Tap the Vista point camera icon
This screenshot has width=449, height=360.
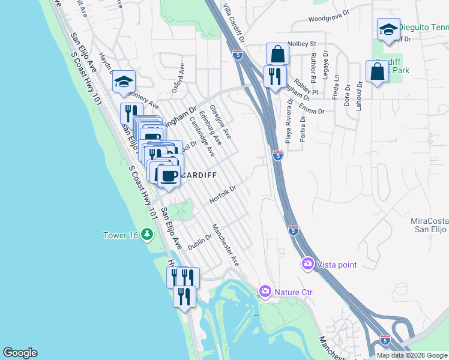coord(308,264)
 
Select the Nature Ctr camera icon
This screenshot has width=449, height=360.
coord(265,292)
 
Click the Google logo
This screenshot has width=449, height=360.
coord(20,353)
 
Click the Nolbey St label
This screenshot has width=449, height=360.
coord(301,43)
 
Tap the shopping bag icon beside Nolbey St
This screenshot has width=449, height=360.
coord(277,54)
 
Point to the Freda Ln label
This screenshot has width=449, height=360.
coord(337,83)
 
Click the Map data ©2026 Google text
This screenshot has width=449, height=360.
coord(412,355)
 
